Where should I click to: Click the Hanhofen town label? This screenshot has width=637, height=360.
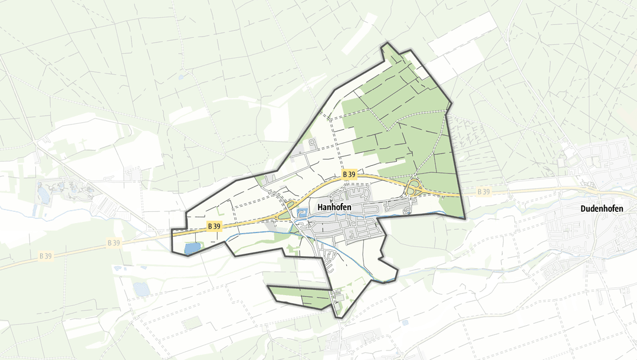pos(334,207)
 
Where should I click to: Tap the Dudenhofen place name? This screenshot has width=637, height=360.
pos(602,209)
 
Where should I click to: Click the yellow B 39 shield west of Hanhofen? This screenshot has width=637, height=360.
pos(214,226)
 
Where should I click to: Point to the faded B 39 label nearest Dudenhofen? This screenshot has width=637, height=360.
pos(484,192)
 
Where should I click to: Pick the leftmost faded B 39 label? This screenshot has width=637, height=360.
pos(45,256)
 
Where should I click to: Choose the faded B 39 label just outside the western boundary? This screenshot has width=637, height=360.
pos(114,242)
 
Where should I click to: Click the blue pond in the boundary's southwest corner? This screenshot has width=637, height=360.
pos(192,248)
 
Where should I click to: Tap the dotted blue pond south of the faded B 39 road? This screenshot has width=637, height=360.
pos(142,289)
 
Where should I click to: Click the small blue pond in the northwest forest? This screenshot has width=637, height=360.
pos(182,77)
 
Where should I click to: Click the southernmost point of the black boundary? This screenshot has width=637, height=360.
pos(340,318)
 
